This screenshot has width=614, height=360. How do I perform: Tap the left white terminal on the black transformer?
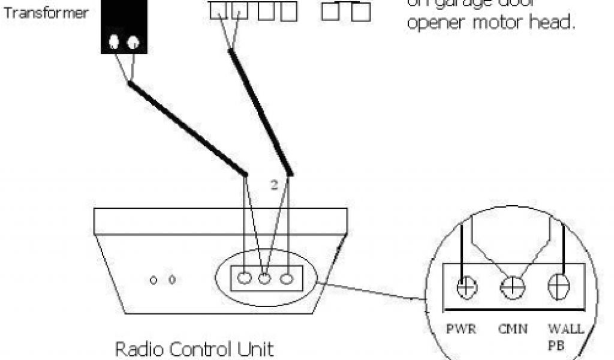[x=114, y=43]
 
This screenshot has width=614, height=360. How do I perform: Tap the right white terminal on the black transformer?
[x=133, y=43]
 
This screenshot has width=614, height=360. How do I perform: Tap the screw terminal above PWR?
[x=465, y=287]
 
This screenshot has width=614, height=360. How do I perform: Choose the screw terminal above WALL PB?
[x=558, y=285]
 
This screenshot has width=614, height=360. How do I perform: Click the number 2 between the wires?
[x=273, y=185]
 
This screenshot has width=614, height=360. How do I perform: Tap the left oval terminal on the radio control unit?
[x=244, y=278]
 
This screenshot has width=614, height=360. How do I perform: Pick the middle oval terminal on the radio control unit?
[x=265, y=278]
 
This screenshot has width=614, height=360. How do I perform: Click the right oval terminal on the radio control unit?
[x=287, y=278]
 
